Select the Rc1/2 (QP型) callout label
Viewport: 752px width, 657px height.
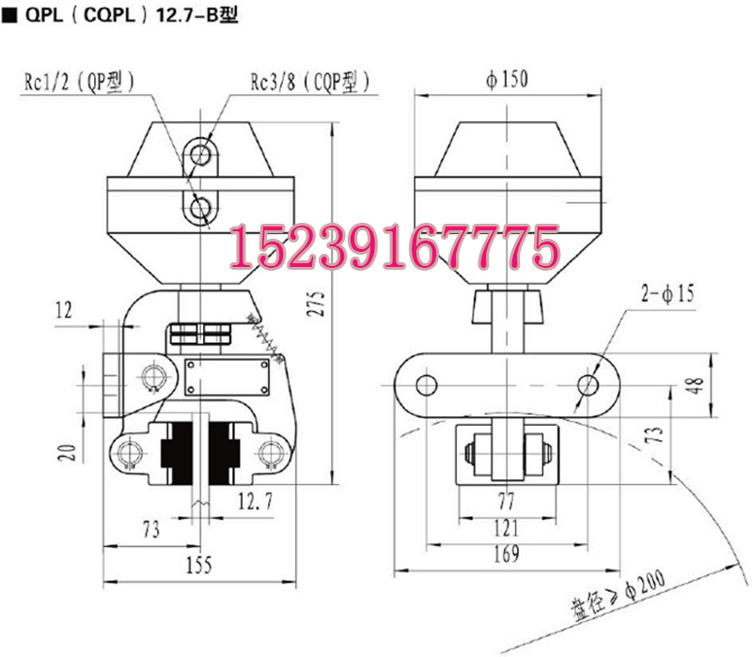[79, 83]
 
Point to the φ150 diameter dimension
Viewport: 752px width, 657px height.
[507, 79]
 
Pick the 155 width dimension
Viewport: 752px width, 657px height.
[198, 565]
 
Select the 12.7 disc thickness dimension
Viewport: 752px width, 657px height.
[255, 503]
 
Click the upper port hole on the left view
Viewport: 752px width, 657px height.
[199, 152]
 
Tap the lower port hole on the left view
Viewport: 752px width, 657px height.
[199, 207]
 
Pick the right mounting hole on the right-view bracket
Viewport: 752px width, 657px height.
[588, 383]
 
